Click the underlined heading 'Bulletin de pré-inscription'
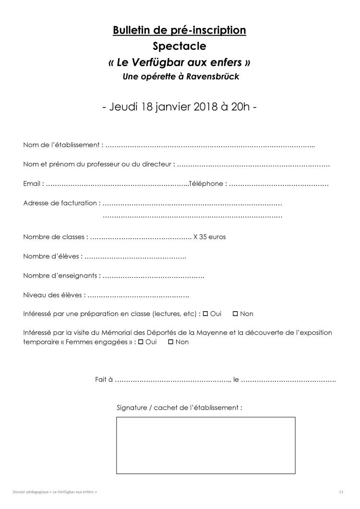[x=180, y=31]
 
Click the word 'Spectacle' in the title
[x=180, y=47]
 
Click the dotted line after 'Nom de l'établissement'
[x=210, y=145]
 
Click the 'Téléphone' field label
[x=206, y=183]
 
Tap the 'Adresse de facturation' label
[x=60, y=203]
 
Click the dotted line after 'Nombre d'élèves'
[x=135, y=256]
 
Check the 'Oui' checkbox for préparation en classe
[x=205, y=314]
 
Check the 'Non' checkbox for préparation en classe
[x=235, y=314]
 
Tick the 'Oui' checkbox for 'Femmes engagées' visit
[x=141, y=342]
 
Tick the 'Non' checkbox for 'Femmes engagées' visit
[x=170, y=342]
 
